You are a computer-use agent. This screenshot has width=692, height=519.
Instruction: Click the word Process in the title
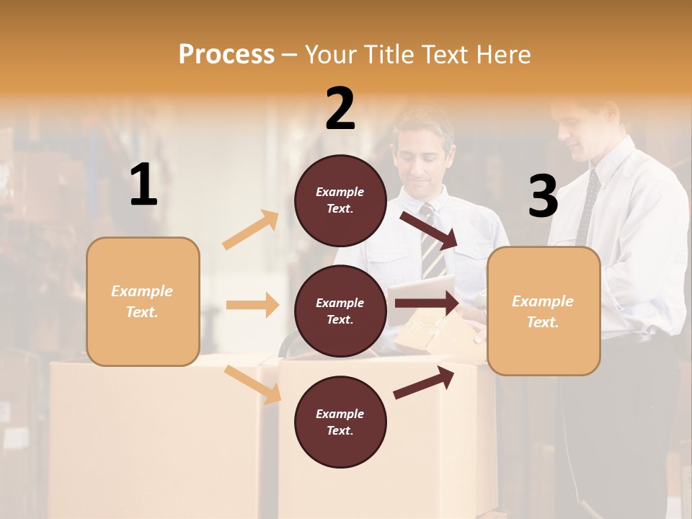[226, 55]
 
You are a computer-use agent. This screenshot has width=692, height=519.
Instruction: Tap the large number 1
[143, 185]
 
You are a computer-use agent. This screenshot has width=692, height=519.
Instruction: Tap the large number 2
[340, 109]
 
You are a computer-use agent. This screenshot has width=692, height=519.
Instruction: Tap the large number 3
[543, 196]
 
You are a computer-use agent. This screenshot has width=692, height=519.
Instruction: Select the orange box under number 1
[143, 301]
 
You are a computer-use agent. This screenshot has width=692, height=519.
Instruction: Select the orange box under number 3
[544, 311]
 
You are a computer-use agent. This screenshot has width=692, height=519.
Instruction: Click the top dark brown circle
[340, 200]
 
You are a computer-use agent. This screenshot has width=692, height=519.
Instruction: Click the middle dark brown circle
[340, 311]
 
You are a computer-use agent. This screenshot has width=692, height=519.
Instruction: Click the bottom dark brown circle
[340, 422]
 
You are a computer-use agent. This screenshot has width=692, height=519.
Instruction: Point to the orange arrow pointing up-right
[251, 230]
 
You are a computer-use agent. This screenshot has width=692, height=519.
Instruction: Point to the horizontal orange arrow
[252, 305]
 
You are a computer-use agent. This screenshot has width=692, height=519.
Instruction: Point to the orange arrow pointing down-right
[252, 384]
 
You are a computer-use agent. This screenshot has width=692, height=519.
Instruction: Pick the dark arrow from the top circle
[428, 231]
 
